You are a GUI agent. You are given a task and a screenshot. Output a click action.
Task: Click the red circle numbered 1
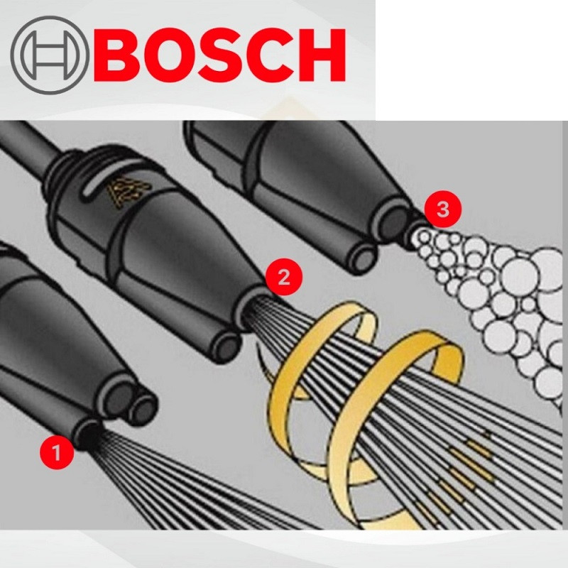(57, 452)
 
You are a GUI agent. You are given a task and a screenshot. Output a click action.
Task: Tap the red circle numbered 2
(283, 278)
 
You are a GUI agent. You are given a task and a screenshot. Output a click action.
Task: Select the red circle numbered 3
(443, 209)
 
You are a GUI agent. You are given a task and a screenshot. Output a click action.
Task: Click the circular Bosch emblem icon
(50, 55)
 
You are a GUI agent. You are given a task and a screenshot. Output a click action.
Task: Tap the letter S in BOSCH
(223, 55)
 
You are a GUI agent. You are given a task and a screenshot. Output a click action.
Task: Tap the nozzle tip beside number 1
(89, 433)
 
